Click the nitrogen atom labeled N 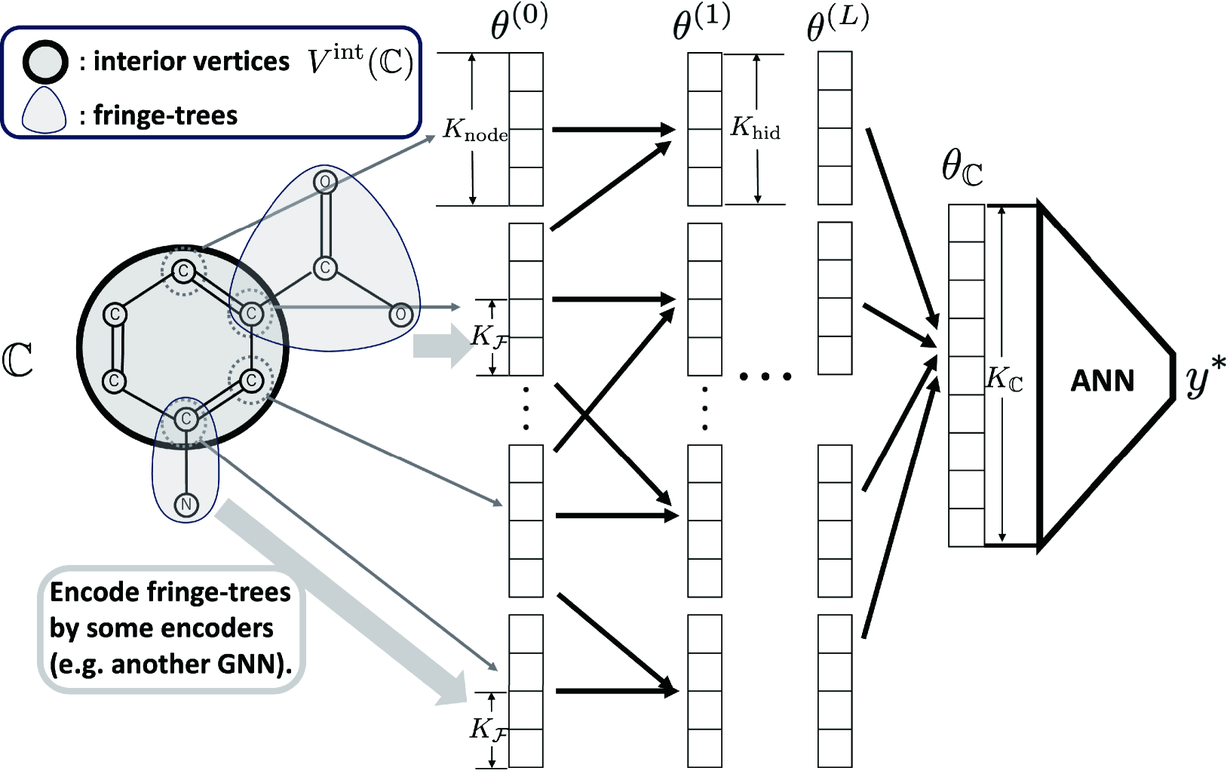(186, 505)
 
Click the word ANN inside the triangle (1102, 381)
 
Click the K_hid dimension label (756, 128)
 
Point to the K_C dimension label (1004, 379)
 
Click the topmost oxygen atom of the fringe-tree (325, 181)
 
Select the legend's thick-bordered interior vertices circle (45, 62)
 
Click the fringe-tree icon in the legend (44, 110)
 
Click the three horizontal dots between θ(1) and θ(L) (765, 376)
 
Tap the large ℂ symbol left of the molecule (17, 361)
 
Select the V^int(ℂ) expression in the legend (360, 63)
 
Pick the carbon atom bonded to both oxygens (325, 268)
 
